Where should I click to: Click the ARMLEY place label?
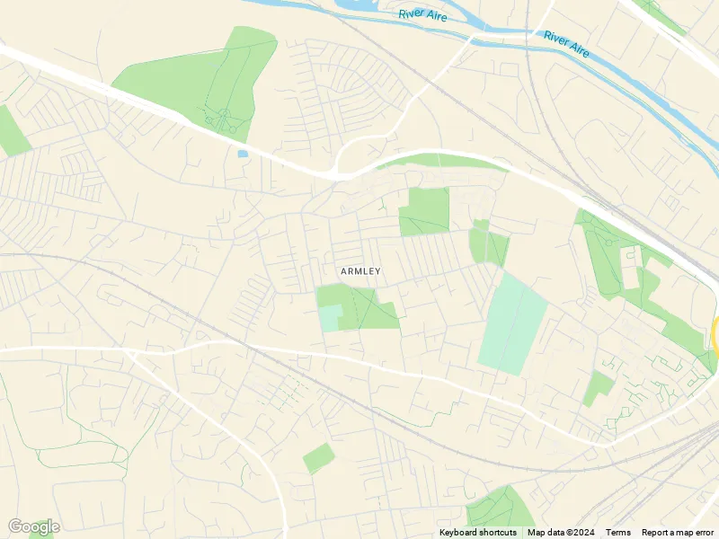tap(360, 271)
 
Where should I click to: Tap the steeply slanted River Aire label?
tap(566, 44)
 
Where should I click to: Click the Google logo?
tap(33, 526)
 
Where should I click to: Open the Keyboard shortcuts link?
tap(477, 533)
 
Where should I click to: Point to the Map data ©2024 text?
tap(562, 533)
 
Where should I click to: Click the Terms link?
tap(617, 533)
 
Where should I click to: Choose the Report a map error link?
tap(678, 533)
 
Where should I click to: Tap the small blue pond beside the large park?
tap(242, 154)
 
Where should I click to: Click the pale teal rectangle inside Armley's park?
tap(330, 318)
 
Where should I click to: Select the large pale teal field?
tap(513, 324)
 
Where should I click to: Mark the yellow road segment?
tap(715, 334)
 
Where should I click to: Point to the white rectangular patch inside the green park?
tap(632, 267)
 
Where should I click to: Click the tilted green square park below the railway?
tap(318, 458)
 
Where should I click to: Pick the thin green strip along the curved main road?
tap(440, 162)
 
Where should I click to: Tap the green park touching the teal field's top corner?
tap(488, 243)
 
